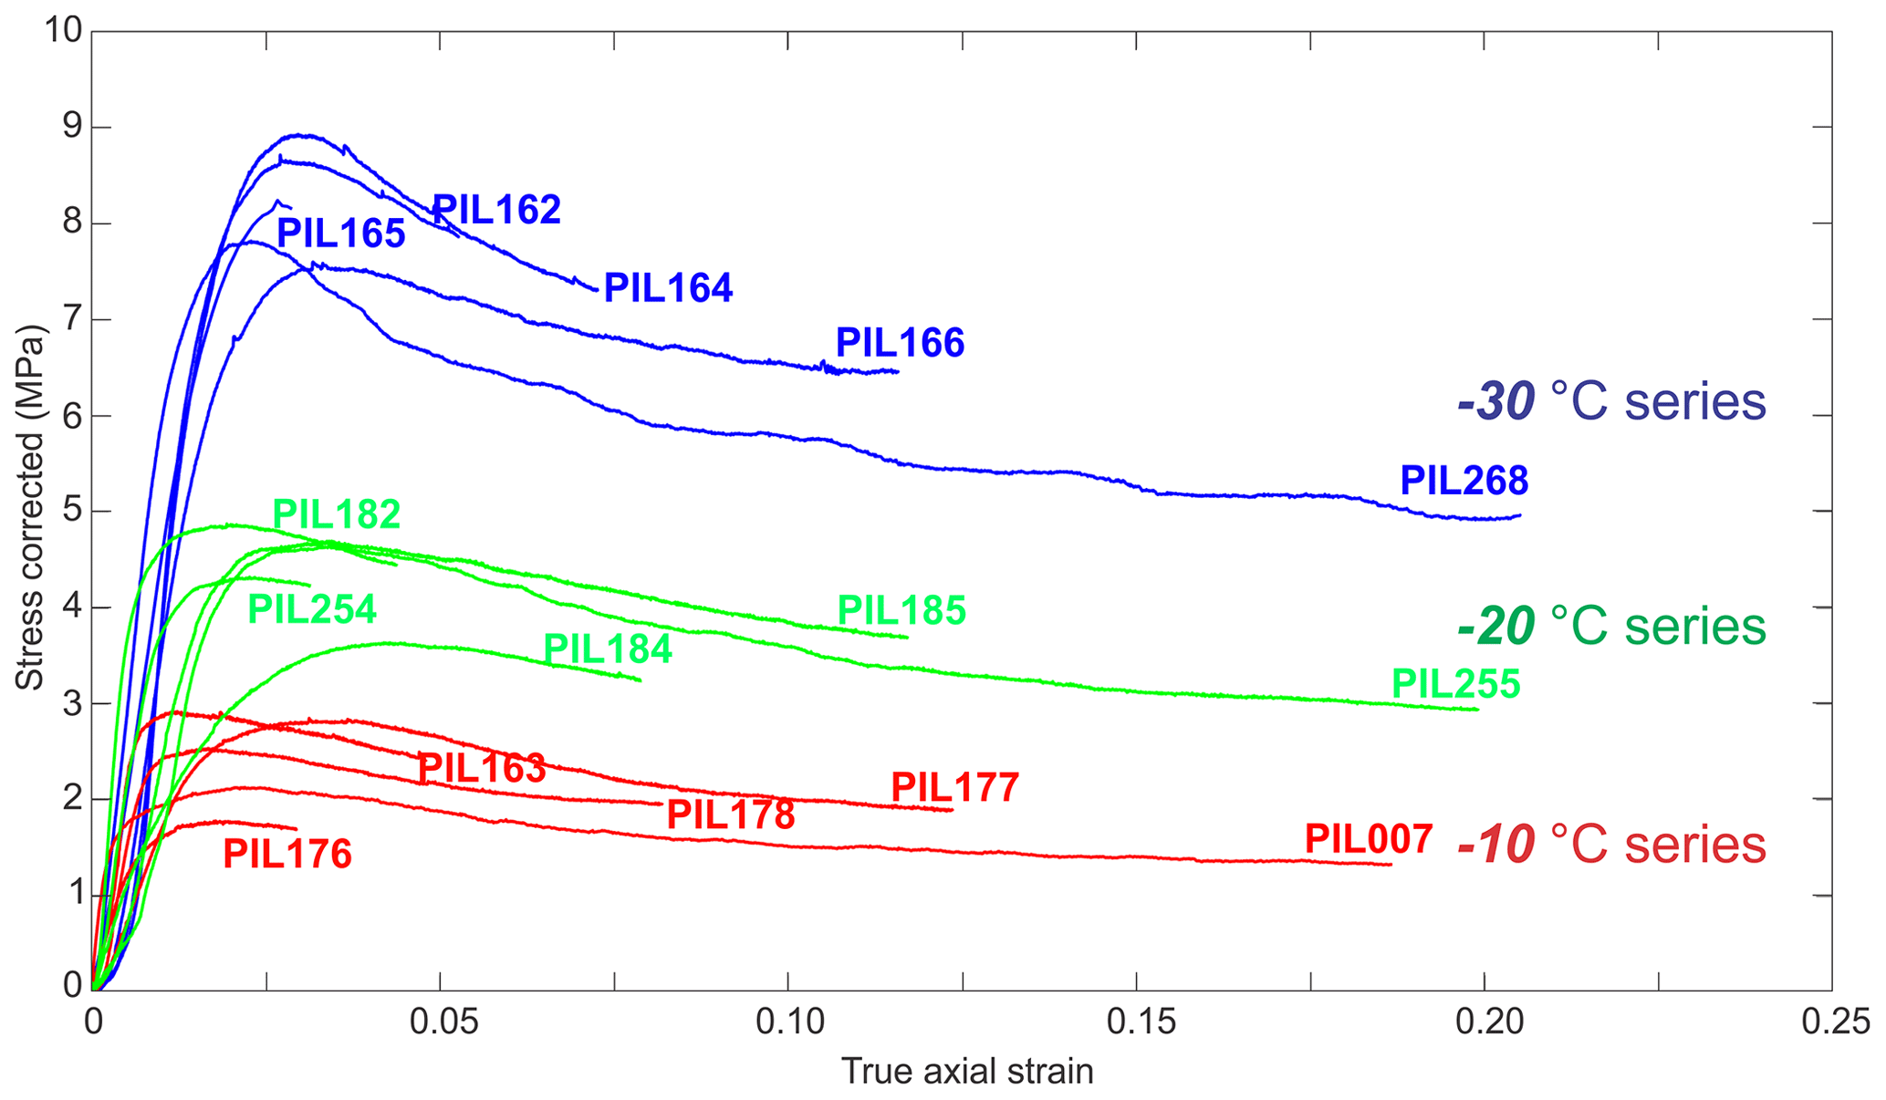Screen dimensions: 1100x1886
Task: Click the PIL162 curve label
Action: (495, 211)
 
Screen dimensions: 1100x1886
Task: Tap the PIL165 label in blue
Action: (340, 234)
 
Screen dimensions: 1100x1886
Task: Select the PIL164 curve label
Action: (668, 288)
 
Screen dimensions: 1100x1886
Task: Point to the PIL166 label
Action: (900, 344)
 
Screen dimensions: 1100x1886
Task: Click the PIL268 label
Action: (1464, 481)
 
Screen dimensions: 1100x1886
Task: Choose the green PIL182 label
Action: (337, 515)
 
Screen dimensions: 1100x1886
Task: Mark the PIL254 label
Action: (312, 609)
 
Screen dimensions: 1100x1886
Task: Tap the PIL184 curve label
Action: (608, 649)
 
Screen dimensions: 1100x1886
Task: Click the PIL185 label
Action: (901, 611)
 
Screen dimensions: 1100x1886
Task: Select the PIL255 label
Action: (1455, 684)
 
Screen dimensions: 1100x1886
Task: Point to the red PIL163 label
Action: (481, 769)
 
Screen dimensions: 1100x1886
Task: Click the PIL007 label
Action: (1368, 839)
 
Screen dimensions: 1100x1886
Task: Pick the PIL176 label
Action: (287, 855)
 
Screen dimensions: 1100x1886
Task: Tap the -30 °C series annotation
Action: (1611, 402)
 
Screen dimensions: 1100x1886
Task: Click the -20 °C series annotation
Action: (1611, 627)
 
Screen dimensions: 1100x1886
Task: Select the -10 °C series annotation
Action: (1611, 845)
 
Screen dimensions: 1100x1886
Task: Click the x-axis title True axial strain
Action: (966, 1071)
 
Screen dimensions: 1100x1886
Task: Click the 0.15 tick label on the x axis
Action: (1136, 1022)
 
